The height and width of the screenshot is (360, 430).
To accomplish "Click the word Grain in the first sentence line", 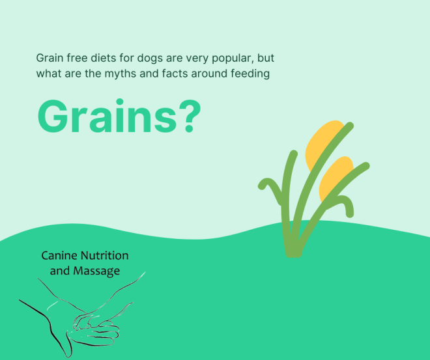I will point(50,58).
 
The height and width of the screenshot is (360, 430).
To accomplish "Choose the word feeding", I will point(251,74).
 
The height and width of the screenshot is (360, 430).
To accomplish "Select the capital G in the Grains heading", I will point(51,117).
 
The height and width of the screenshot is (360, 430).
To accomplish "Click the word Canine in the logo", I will point(59,256).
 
